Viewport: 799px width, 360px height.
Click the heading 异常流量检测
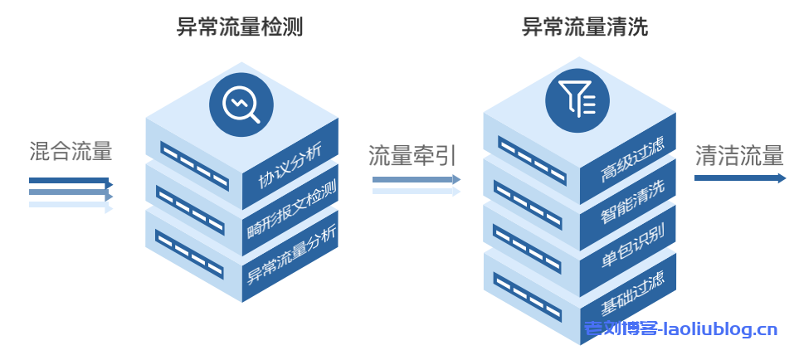click(240, 27)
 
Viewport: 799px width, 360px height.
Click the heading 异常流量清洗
click(584, 27)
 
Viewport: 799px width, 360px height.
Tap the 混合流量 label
click(71, 151)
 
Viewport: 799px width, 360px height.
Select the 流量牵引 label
click(412, 154)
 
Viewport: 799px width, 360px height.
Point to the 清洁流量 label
click(739, 155)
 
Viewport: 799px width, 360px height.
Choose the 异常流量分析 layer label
click(291, 253)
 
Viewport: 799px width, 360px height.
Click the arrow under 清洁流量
click(739, 178)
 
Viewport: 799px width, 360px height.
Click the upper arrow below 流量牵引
click(416, 179)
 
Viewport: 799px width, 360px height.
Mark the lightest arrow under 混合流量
click(70, 207)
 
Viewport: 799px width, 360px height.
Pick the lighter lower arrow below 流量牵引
click(416, 192)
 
